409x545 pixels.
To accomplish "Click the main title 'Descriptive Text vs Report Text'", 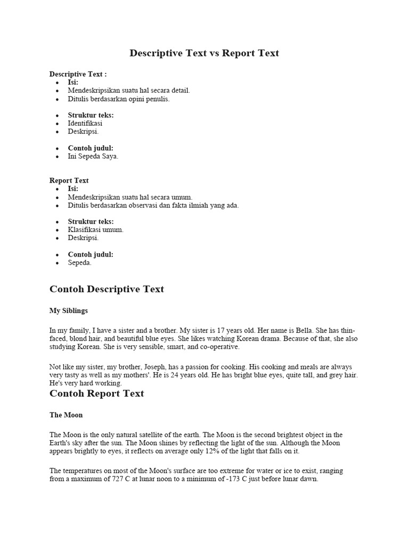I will [x=204, y=53].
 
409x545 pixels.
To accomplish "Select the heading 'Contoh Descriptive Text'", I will [x=107, y=290].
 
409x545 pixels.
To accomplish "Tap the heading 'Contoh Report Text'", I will [x=96, y=394].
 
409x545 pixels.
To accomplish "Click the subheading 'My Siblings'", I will [x=69, y=310].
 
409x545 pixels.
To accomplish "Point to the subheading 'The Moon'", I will [x=66, y=415].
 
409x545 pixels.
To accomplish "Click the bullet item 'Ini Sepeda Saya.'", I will [x=93, y=156].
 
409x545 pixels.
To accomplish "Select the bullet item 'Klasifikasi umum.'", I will [x=96, y=230].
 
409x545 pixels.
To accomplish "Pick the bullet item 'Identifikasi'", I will [x=85, y=123].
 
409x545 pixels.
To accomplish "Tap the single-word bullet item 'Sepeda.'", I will [x=80, y=262].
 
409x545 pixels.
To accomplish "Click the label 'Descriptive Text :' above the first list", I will [x=78, y=74].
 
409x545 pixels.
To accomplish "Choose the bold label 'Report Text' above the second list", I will [x=69, y=180].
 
